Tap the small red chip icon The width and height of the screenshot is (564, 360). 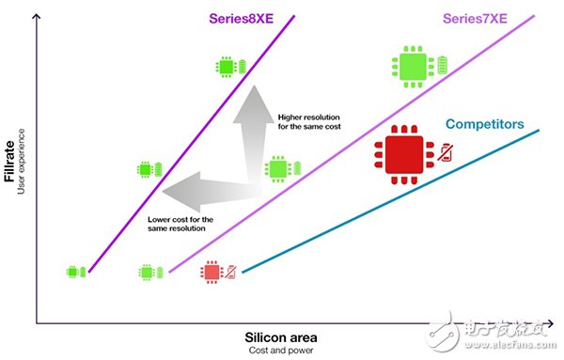click(x=210, y=273)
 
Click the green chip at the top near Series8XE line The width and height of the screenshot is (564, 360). click(x=226, y=68)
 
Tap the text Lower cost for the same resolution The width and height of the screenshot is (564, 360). click(x=180, y=225)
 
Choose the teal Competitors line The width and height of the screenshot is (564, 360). click(x=395, y=200)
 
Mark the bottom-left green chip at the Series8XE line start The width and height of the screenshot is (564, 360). click(x=72, y=272)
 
